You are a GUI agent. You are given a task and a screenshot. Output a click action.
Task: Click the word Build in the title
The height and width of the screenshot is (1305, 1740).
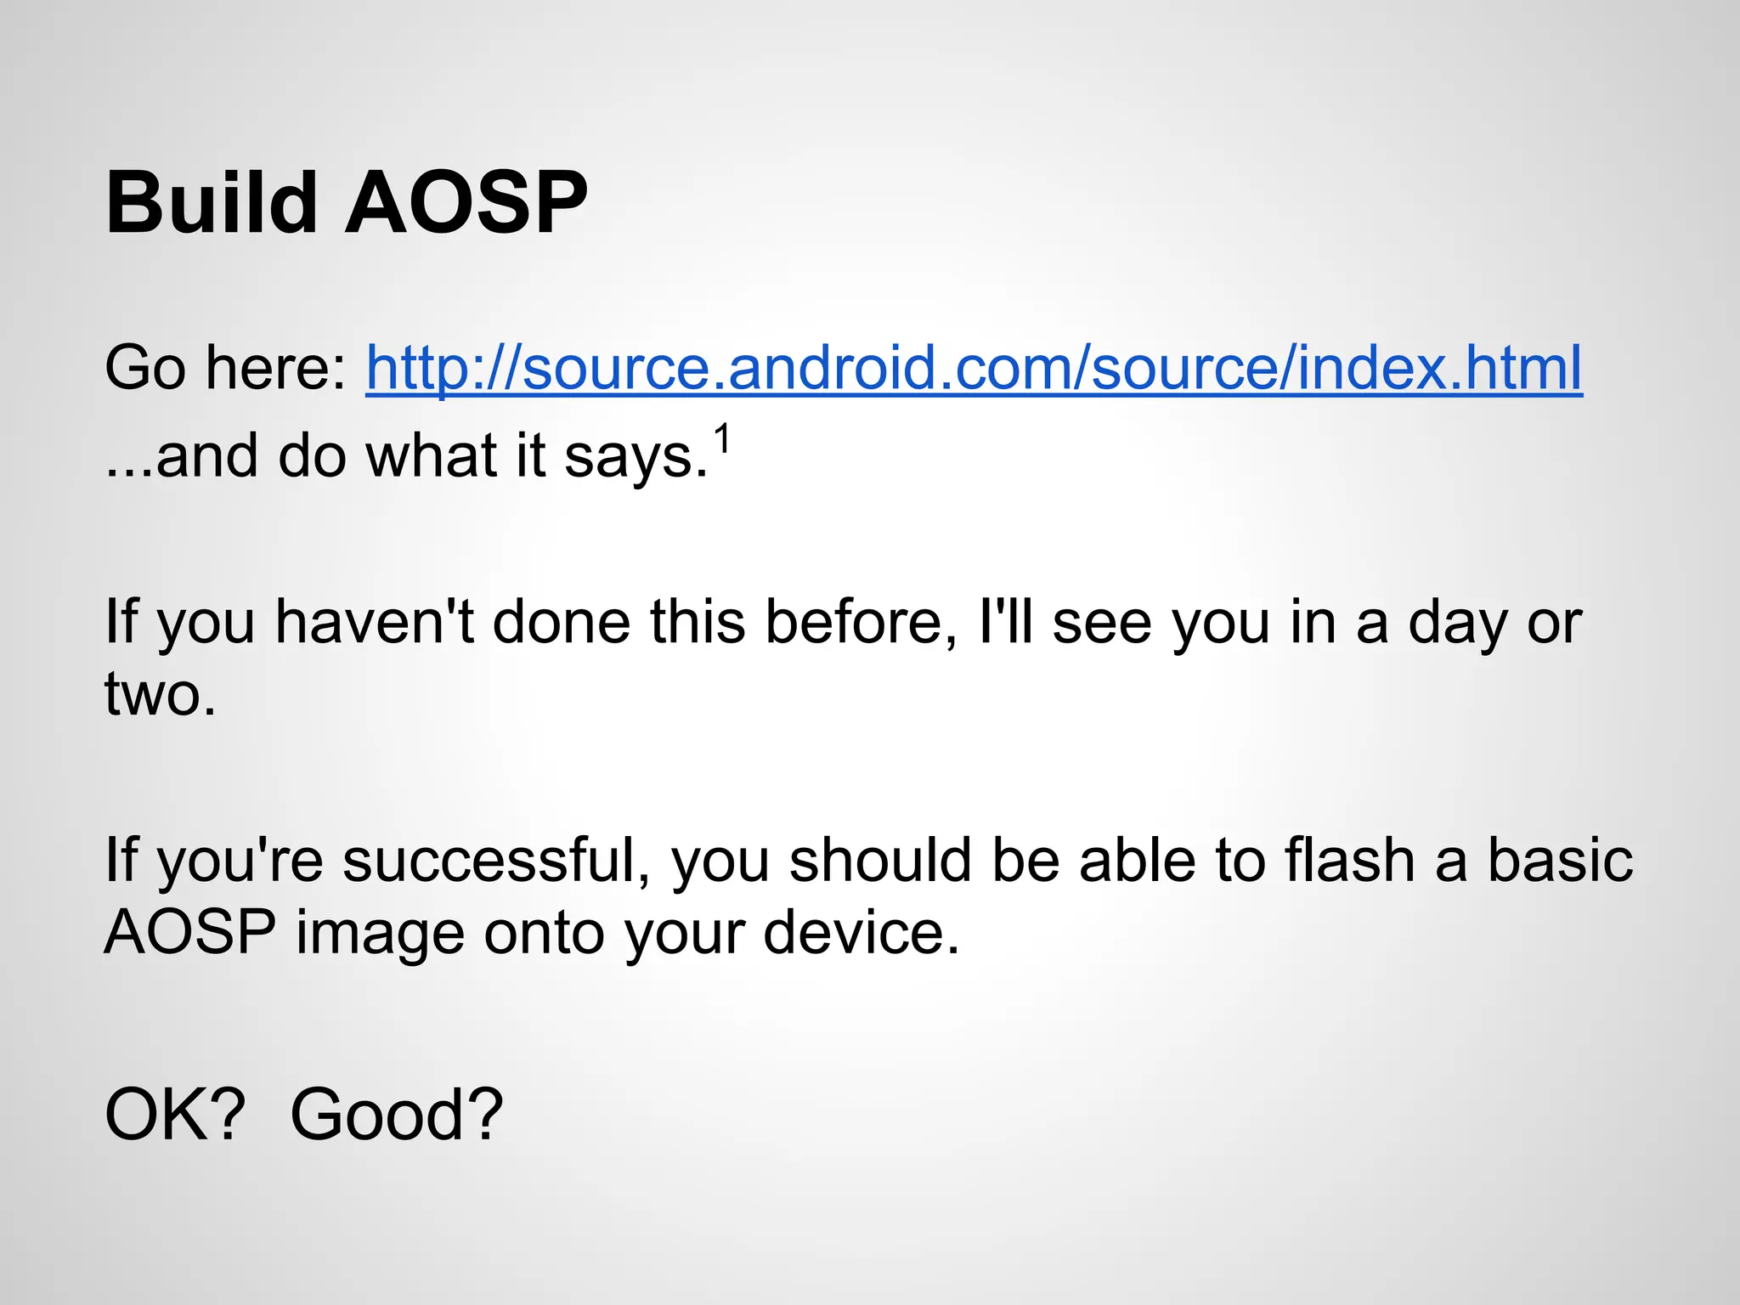coord(212,203)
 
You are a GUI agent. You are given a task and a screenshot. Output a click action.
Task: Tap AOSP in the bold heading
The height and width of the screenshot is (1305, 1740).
coord(466,203)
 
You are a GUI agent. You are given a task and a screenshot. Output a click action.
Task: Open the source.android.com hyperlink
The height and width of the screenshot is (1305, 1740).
coord(974,367)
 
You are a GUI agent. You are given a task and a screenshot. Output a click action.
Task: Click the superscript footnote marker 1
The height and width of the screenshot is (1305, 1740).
coord(721,440)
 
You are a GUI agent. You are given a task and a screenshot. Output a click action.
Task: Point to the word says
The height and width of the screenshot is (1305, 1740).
coord(636,457)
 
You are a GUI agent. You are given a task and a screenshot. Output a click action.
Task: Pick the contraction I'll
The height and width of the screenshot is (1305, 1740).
coord(1005,622)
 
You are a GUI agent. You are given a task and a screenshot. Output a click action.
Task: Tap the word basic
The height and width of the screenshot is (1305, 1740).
coord(1559,860)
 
